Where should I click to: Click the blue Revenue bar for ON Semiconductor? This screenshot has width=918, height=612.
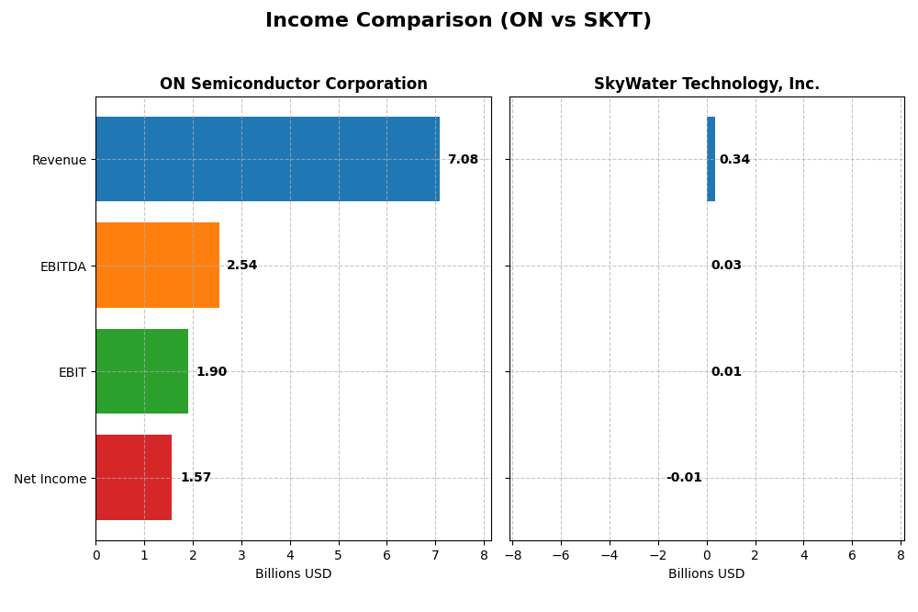click(267, 159)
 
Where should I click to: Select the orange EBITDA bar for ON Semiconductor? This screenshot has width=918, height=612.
click(157, 266)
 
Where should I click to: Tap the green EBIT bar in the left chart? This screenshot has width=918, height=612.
click(141, 371)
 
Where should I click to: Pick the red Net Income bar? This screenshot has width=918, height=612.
click(133, 478)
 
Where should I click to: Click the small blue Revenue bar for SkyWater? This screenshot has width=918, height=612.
click(711, 159)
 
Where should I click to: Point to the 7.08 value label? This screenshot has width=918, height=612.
click(463, 160)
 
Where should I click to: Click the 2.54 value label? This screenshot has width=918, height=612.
click(241, 266)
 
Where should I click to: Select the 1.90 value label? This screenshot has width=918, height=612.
click(211, 372)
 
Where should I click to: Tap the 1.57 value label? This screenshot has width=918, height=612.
click(196, 478)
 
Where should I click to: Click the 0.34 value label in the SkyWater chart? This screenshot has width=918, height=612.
click(734, 160)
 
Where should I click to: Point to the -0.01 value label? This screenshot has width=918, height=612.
click(684, 478)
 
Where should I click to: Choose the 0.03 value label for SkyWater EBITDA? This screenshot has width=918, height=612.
click(726, 266)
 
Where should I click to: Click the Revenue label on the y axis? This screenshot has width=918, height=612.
click(59, 160)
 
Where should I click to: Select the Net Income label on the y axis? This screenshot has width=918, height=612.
click(50, 479)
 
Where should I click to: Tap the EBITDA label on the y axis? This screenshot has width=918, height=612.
click(62, 266)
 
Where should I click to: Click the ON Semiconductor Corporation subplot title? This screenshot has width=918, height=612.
click(293, 85)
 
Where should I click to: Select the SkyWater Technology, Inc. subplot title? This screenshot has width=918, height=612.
click(706, 85)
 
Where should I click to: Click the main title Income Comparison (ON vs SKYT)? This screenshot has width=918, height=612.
click(458, 21)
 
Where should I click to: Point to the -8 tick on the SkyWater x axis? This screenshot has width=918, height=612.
click(512, 555)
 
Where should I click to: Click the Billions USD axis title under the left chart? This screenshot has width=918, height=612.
click(293, 574)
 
